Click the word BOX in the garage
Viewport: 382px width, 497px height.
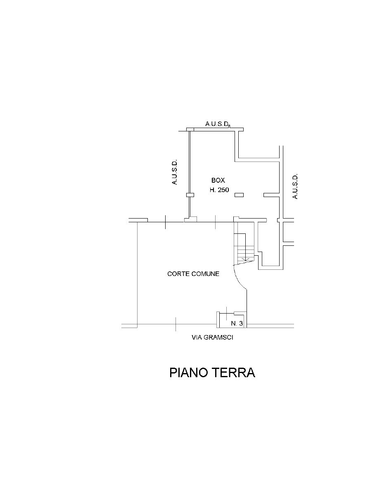point(218,181)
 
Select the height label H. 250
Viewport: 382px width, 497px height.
point(219,190)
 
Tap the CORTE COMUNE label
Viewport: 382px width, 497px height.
point(193,274)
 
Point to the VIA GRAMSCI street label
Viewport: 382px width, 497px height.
point(212,338)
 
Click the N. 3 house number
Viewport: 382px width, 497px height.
point(237,323)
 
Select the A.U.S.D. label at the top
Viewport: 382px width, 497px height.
point(218,124)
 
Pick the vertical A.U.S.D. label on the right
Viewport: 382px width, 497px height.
point(295,186)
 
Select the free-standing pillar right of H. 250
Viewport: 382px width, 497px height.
point(239,195)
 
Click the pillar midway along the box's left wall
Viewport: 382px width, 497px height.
point(190,195)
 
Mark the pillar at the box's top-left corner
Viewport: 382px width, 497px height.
point(190,129)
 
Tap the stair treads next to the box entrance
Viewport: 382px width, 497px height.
point(244,250)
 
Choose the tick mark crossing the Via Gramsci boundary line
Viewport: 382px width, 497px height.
point(176,324)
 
